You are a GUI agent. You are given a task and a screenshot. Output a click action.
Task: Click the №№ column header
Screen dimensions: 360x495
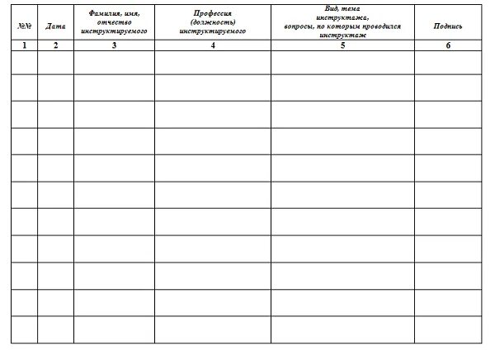24,26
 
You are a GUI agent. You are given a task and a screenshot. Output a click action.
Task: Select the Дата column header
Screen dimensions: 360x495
55,26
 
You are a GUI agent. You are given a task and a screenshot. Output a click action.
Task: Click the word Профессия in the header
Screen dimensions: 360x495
213,15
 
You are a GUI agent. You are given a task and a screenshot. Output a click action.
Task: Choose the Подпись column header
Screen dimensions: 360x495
448,26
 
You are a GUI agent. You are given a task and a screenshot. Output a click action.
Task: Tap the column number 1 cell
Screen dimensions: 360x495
24,45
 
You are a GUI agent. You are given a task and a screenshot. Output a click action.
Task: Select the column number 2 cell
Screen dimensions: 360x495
55,45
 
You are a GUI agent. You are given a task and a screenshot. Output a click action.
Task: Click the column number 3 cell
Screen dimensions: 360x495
114,45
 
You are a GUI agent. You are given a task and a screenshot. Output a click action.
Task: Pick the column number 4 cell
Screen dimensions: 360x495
213,45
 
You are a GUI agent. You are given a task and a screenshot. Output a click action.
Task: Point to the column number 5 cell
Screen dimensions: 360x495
342,45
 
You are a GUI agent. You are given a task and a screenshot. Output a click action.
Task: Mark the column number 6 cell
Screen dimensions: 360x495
448,45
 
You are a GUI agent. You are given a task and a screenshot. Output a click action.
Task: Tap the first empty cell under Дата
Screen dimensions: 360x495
55,63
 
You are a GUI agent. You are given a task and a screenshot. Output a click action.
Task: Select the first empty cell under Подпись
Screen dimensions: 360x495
448,63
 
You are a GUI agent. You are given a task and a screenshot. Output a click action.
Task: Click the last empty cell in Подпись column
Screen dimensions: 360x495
448,329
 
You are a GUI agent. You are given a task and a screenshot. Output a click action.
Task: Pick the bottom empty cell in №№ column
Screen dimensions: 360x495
24,329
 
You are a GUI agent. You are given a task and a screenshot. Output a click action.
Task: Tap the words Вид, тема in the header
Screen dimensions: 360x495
342,7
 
